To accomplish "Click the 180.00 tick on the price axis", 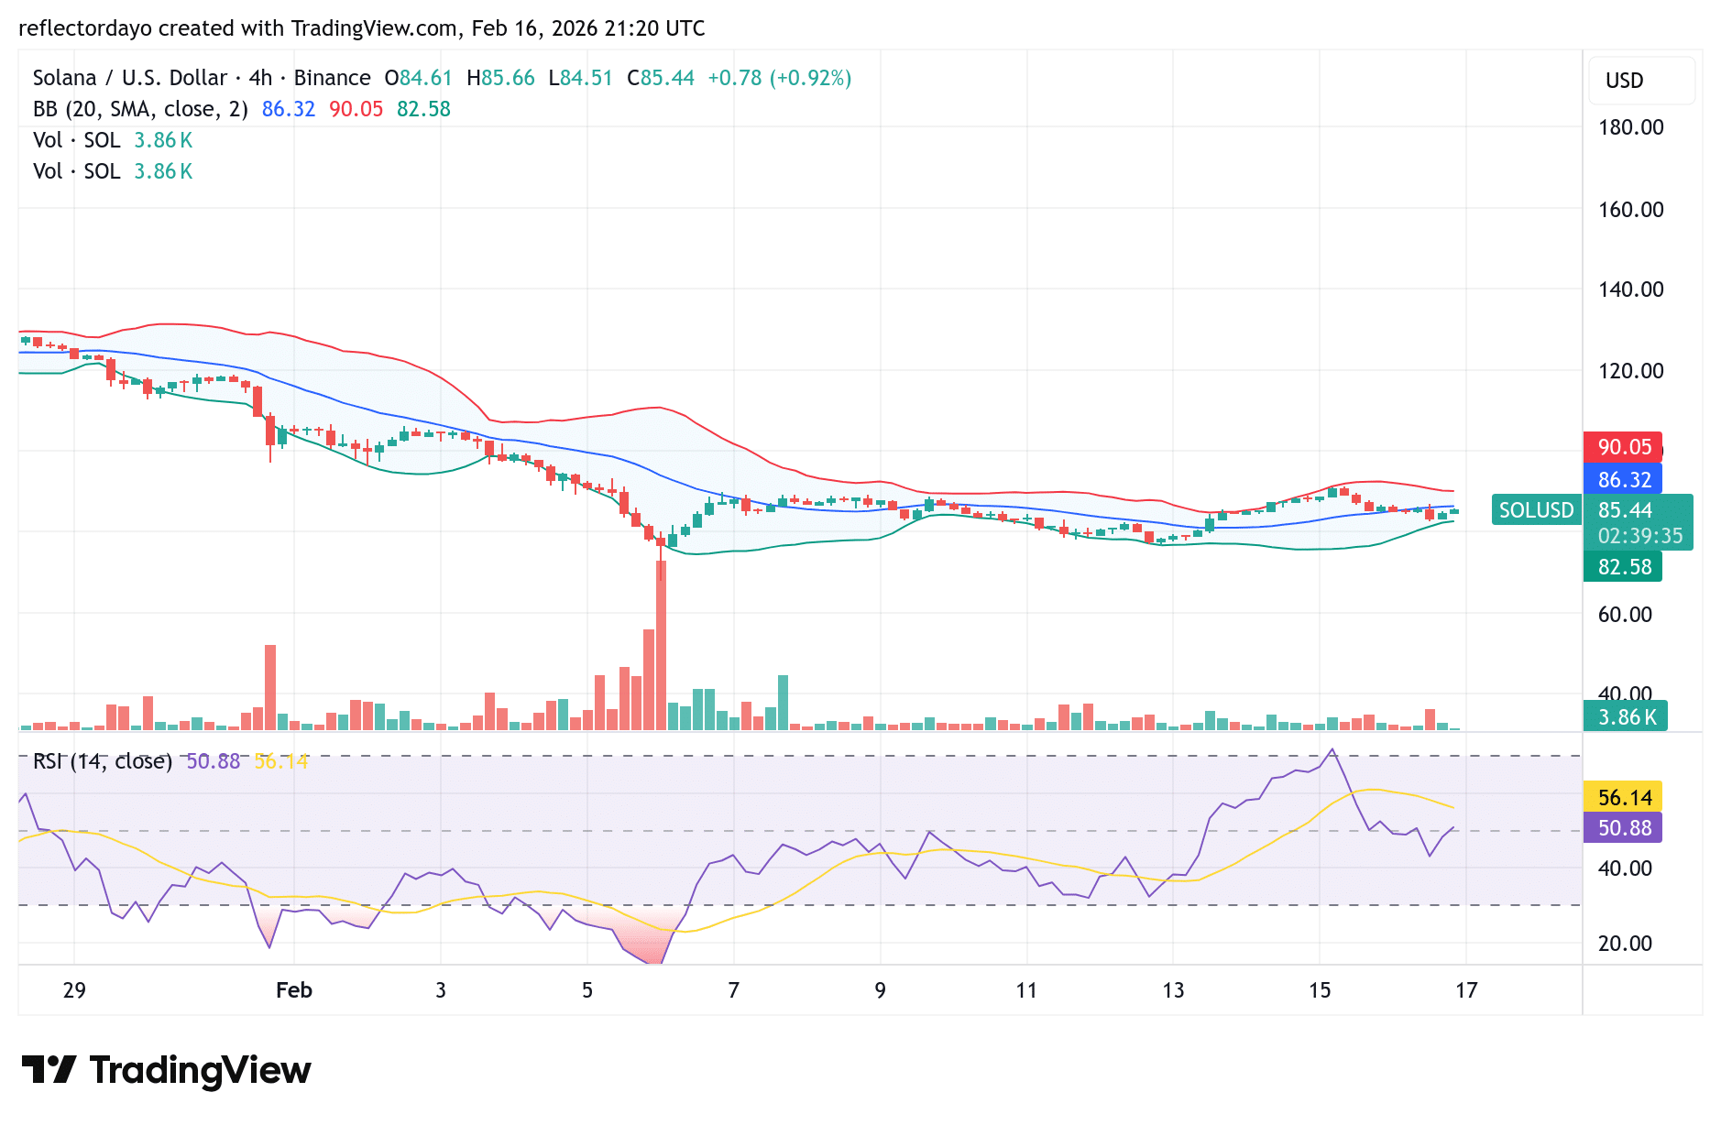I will (1630, 127).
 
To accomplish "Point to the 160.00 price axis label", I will (1630, 210).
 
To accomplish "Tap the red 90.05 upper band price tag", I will (1624, 447).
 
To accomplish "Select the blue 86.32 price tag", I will (1624, 479).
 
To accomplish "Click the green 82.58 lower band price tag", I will (1624, 567).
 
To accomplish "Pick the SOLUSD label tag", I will (1536, 510).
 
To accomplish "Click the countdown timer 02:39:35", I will (1639, 536).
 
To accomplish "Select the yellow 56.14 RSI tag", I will (1624, 797).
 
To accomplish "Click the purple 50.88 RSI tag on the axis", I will (1624, 828).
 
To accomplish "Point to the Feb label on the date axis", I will (294, 990).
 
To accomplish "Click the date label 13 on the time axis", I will (1173, 990).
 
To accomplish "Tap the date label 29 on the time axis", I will (74, 990).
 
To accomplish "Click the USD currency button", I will (1625, 81).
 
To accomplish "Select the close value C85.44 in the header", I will (661, 78).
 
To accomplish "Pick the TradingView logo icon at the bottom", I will (49, 1069).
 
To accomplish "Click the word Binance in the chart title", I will (332, 78).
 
